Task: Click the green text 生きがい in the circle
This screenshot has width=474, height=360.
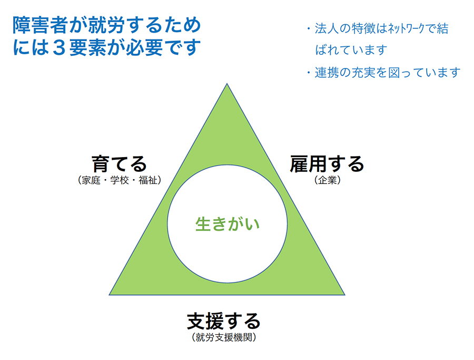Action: click(x=228, y=224)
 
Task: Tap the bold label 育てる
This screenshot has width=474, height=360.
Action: click(x=120, y=164)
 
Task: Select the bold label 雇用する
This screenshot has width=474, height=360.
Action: click(x=327, y=164)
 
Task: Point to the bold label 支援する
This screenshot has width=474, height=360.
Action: click(x=224, y=322)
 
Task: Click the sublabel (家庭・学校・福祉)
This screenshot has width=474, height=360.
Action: click(x=120, y=180)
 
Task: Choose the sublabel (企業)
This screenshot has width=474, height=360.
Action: click(x=328, y=180)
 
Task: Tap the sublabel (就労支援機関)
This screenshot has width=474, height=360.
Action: click(x=224, y=337)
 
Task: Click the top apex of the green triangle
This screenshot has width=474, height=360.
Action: click(x=227, y=84)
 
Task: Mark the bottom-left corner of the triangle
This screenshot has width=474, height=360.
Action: click(x=109, y=295)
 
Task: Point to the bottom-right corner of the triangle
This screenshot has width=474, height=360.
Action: click(x=345, y=295)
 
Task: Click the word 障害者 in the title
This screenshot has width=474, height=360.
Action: click(x=41, y=25)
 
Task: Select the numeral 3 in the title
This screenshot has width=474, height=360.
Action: click(x=59, y=48)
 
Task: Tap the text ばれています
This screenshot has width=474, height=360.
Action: click(x=351, y=50)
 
